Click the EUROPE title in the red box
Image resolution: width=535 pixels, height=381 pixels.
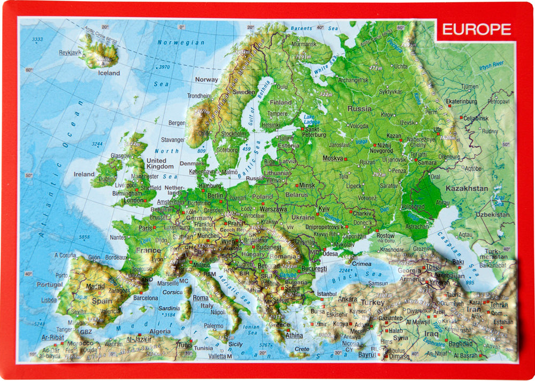[x=476, y=29]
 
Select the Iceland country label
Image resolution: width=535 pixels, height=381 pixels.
[x=109, y=73]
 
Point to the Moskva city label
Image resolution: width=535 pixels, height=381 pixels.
[x=332, y=158]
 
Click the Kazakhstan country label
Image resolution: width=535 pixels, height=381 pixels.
[x=467, y=188]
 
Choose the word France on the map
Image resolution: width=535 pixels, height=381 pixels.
[x=148, y=250]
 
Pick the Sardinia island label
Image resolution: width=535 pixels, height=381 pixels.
[x=169, y=308]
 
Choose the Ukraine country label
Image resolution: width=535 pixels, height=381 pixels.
[x=303, y=217]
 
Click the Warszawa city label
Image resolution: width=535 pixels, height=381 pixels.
[x=273, y=209]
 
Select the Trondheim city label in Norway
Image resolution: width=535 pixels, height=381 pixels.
[x=199, y=96]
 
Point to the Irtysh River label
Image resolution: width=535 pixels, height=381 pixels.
[x=492, y=64]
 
